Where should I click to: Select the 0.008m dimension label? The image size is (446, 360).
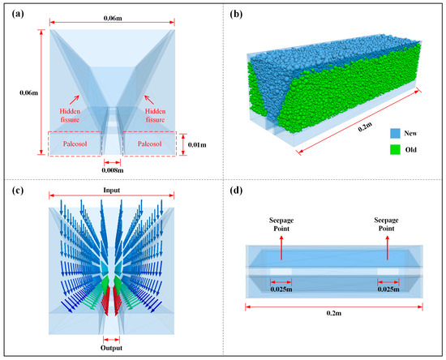click(112, 171)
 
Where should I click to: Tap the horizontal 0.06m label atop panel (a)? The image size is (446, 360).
click(113, 16)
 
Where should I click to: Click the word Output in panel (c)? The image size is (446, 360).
click(112, 349)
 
